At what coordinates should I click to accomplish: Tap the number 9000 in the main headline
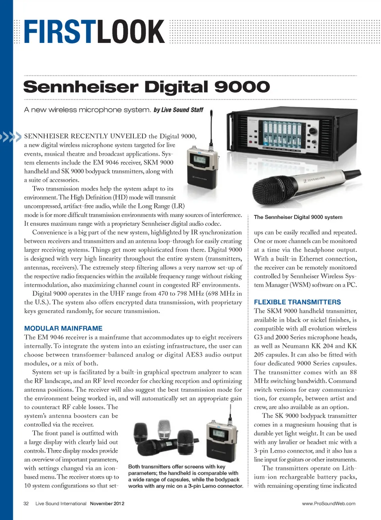[x=242, y=87]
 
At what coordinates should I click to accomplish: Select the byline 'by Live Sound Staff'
[x=178, y=110]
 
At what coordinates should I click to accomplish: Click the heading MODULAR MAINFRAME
[x=63, y=328]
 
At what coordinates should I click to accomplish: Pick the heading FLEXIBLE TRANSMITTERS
[x=297, y=302]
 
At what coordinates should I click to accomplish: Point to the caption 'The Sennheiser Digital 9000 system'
[x=298, y=217]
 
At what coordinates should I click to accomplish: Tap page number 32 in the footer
[x=26, y=504]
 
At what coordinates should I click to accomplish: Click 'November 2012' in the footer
[x=107, y=504]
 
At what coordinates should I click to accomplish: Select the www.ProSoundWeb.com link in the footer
[x=329, y=504]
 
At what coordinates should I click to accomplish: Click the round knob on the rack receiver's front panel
[x=314, y=131]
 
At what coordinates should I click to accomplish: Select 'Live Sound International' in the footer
[x=61, y=504]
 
